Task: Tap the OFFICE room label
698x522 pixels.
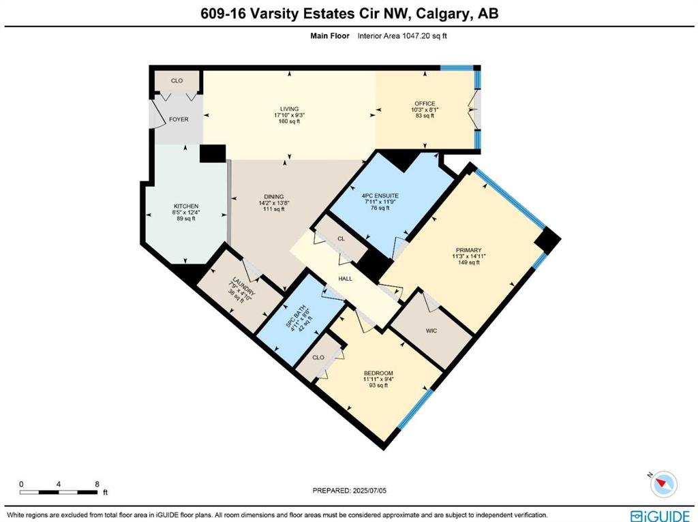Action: [x=425, y=104]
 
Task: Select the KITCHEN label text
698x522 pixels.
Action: [x=185, y=206]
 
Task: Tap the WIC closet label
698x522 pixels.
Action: [x=431, y=331]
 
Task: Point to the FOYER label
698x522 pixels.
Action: [x=178, y=119]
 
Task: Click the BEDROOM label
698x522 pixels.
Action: [x=378, y=373]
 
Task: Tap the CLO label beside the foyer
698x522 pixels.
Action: [x=177, y=80]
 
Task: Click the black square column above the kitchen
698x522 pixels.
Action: [x=213, y=153]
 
